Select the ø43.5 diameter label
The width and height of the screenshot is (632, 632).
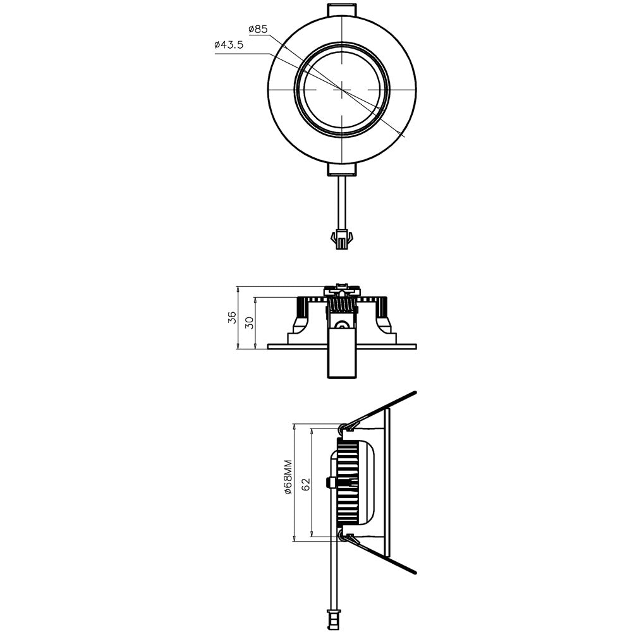click(x=229, y=45)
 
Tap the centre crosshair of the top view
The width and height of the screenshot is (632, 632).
click(x=342, y=90)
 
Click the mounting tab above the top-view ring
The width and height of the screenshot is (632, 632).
click(x=342, y=11)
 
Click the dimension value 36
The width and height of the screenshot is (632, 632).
click(x=233, y=317)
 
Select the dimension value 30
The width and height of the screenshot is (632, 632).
click(x=250, y=322)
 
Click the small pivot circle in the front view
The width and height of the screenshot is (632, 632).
click(x=342, y=326)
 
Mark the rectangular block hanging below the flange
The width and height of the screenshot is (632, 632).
click(x=342, y=360)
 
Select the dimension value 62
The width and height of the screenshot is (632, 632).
click(x=305, y=483)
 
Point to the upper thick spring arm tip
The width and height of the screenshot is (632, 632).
click(x=413, y=394)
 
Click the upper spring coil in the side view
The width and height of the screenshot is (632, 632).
click(x=343, y=428)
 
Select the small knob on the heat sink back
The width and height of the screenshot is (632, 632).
click(x=329, y=482)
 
